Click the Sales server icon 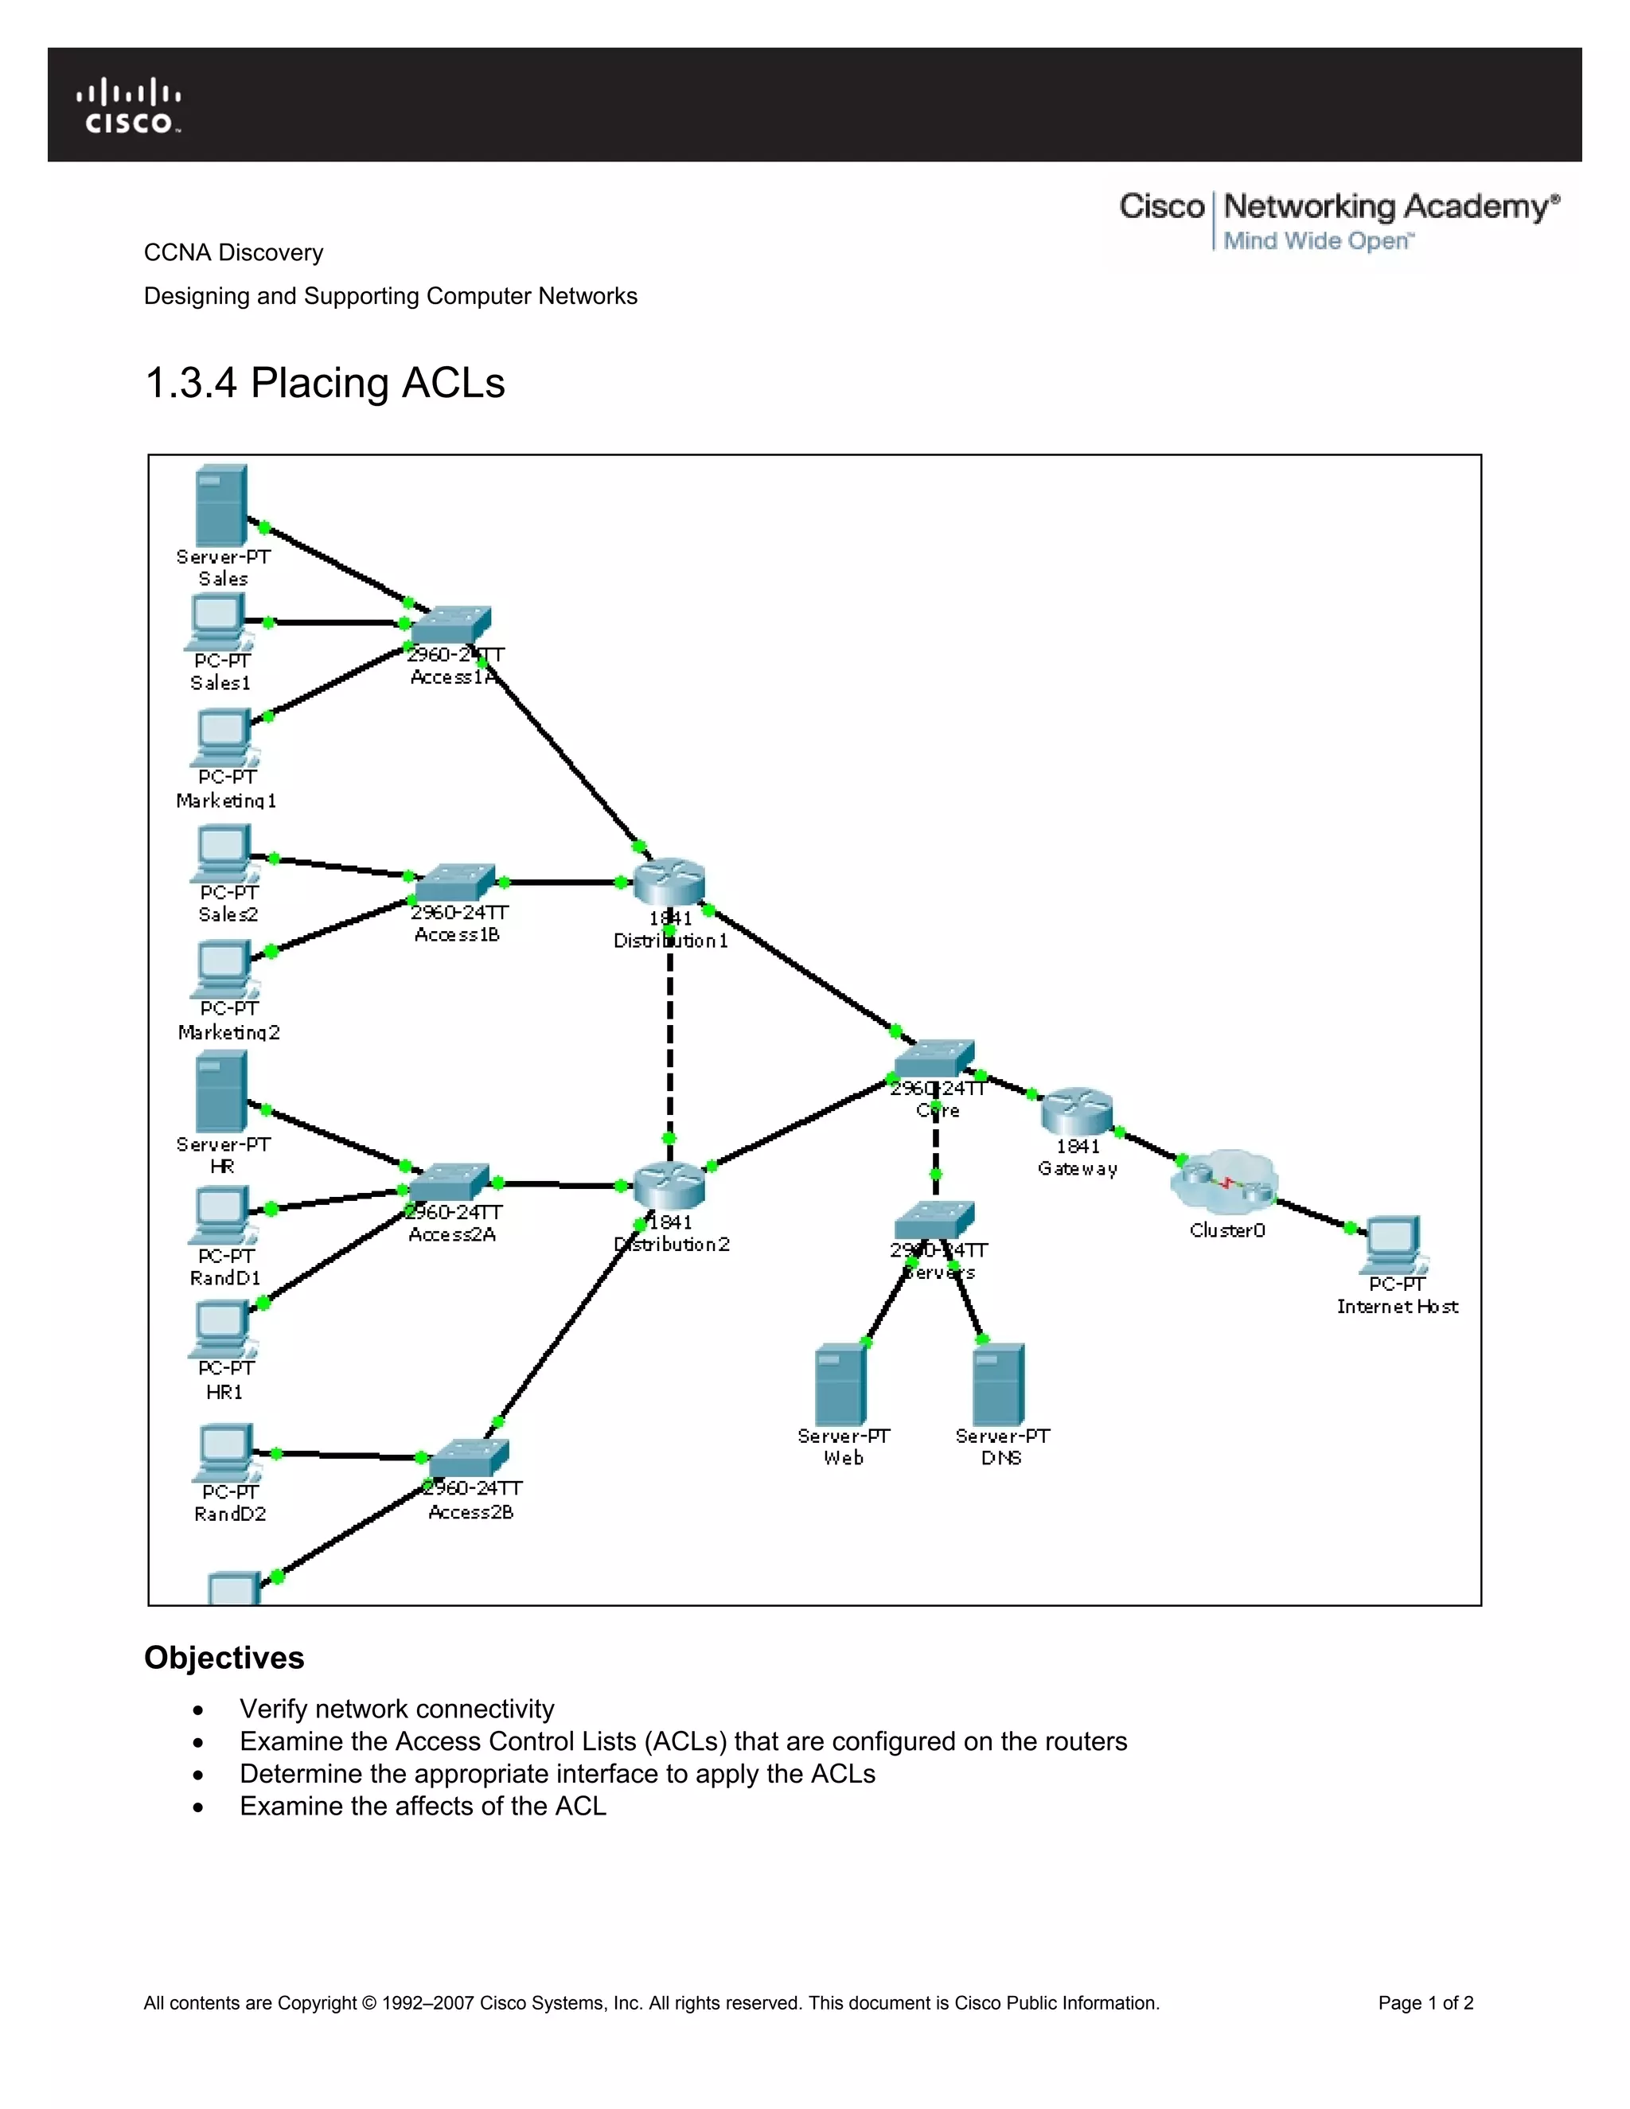(x=221, y=505)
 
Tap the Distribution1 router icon (x=669, y=881)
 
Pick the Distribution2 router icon (x=669, y=1185)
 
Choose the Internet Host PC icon (x=1394, y=1245)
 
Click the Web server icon (x=841, y=1384)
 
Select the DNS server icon (x=999, y=1384)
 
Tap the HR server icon (x=221, y=1091)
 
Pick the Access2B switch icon (x=470, y=1458)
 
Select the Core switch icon (x=934, y=1058)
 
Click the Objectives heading (x=224, y=1657)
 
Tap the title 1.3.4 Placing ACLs (x=325, y=382)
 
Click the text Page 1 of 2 (x=1425, y=2003)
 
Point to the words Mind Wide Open (x=1317, y=240)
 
